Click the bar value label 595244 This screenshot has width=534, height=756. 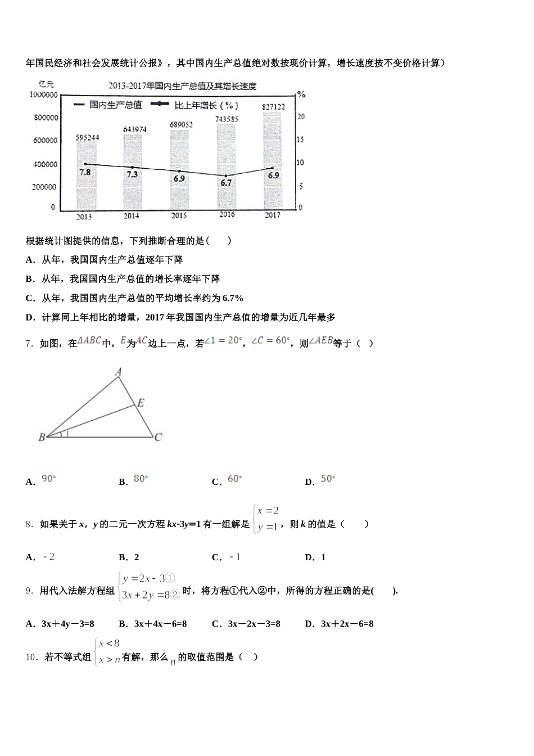click(x=88, y=137)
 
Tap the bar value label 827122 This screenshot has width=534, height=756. click(x=273, y=107)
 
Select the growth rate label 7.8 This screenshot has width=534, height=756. click(x=84, y=172)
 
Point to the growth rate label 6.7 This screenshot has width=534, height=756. click(x=225, y=183)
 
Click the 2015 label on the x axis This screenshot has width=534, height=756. click(x=179, y=216)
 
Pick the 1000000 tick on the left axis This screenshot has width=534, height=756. click(x=43, y=94)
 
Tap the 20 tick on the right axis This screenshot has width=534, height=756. click(x=301, y=116)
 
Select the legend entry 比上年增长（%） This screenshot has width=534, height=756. click(x=206, y=105)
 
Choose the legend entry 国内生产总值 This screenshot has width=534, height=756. click(x=115, y=105)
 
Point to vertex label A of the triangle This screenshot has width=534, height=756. click(x=119, y=372)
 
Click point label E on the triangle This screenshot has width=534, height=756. click(x=141, y=403)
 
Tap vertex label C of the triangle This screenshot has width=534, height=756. click(x=159, y=437)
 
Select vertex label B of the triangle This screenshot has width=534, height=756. click(x=42, y=437)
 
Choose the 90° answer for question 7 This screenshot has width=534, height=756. click(x=49, y=479)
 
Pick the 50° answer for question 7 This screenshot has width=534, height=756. click(x=328, y=479)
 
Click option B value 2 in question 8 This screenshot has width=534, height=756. click(x=137, y=557)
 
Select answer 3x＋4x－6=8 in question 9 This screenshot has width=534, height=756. click(x=160, y=624)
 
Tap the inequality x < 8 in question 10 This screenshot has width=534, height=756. click(x=109, y=643)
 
